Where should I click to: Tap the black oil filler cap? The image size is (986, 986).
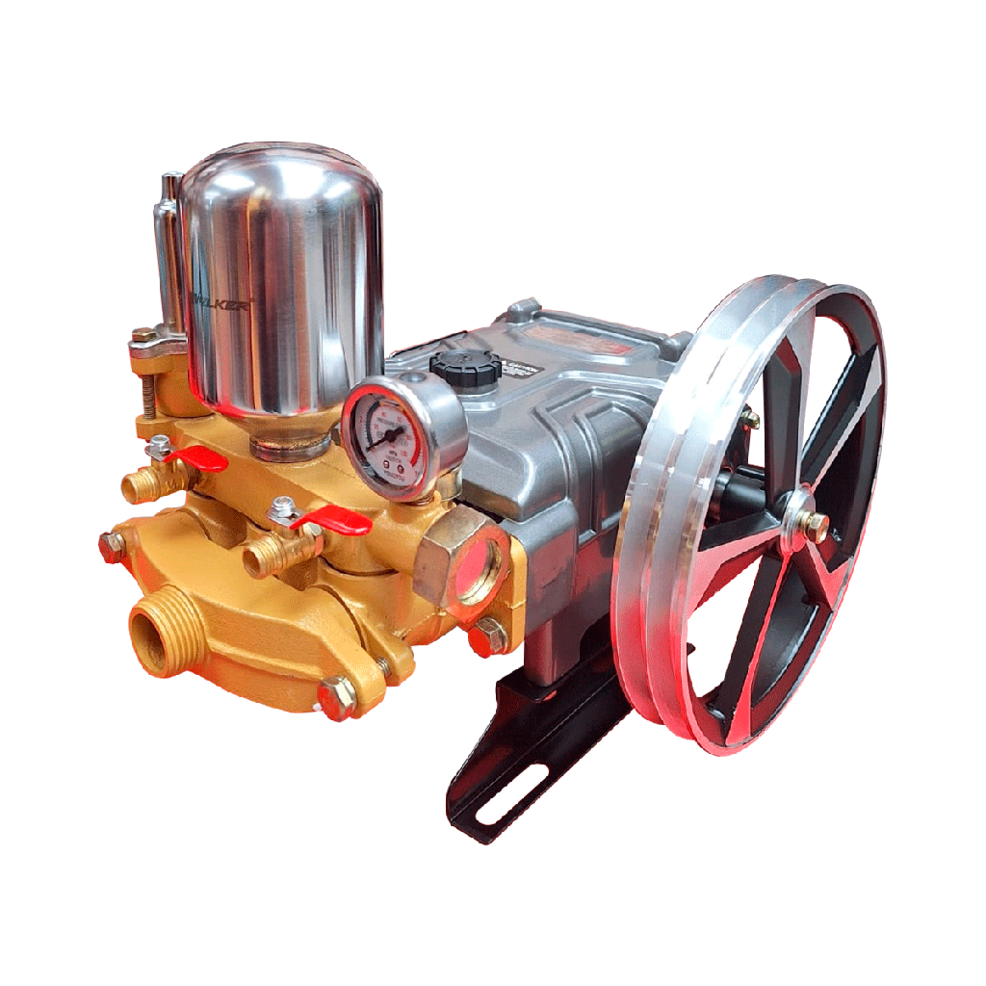click(x=465, y=367)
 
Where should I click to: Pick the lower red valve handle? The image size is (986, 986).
click(x=338, y=522)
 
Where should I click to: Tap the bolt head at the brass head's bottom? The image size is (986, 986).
click(x=337, y=696)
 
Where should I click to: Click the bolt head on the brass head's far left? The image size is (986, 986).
click(x=112, y=547)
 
